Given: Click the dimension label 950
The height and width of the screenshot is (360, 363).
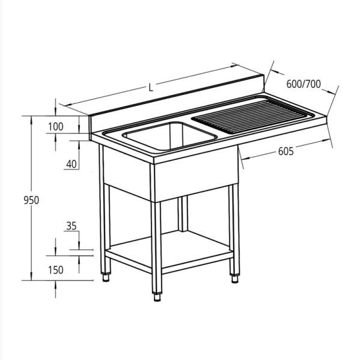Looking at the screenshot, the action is pos(31,200).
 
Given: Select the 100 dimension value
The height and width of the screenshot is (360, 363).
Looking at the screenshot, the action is pos(55,127).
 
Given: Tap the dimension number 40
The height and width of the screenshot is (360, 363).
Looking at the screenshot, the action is pos(72,164).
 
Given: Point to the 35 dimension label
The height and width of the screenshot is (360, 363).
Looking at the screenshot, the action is pos(72,226).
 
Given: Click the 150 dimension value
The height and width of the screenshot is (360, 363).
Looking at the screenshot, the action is pos(55,270).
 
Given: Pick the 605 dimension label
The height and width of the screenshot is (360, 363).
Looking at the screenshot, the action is pos(285,151).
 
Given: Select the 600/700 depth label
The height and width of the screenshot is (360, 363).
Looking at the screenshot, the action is pos(304,84).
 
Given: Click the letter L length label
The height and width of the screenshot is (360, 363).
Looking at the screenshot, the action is pos(151,88).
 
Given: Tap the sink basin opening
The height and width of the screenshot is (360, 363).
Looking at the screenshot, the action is pos(169,136).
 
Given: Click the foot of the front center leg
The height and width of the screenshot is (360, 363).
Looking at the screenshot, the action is pos(157,297).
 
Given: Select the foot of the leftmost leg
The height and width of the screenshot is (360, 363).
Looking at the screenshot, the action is pos(106,278).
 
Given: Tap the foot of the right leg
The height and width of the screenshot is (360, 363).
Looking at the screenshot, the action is pos(234,279).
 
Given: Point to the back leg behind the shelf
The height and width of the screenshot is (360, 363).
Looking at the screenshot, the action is pos(183,214).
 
